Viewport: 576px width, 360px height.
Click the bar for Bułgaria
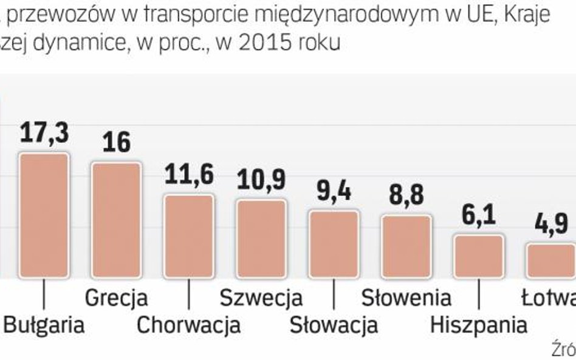[44, 216]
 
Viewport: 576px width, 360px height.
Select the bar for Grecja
[116, 220]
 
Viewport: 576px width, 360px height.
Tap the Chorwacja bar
[189, 236]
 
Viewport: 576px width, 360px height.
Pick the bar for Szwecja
[261, 239]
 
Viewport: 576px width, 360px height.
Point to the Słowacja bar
[334, 243]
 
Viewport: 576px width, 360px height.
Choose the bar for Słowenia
[406, 246]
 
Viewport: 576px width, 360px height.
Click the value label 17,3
[44, 134]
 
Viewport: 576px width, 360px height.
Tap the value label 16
[116, 143]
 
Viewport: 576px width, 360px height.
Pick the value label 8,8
[406, 195]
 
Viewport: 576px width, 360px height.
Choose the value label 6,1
[479, 216]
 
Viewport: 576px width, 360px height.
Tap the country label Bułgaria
[44, 325]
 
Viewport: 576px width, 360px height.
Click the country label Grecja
[116, 298]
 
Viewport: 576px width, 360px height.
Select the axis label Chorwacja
[188, 325]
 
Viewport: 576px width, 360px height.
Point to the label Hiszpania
[479, 325]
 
